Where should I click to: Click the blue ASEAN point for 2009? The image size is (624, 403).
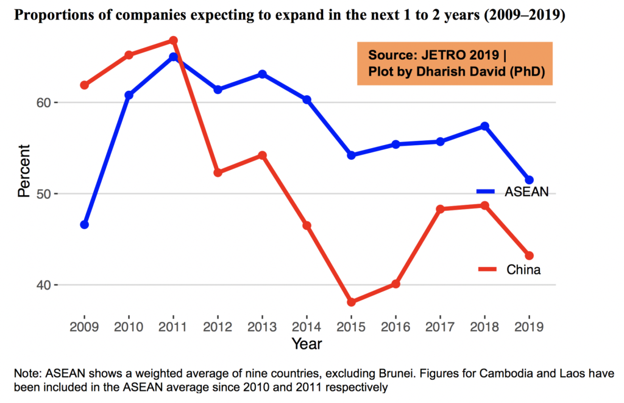click(85, 224)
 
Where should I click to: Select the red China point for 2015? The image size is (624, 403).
click(352, 302)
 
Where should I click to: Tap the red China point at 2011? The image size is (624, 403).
click(174, 40)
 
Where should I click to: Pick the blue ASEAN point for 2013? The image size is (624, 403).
click(263, 74)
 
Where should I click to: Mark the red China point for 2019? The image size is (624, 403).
click(530, 255)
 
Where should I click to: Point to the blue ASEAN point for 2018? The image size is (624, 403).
click(485, 126)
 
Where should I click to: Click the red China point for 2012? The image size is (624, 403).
click(218, 173)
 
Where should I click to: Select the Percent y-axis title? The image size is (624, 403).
click(24, 170)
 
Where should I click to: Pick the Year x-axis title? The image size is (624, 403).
click(307, 344)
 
